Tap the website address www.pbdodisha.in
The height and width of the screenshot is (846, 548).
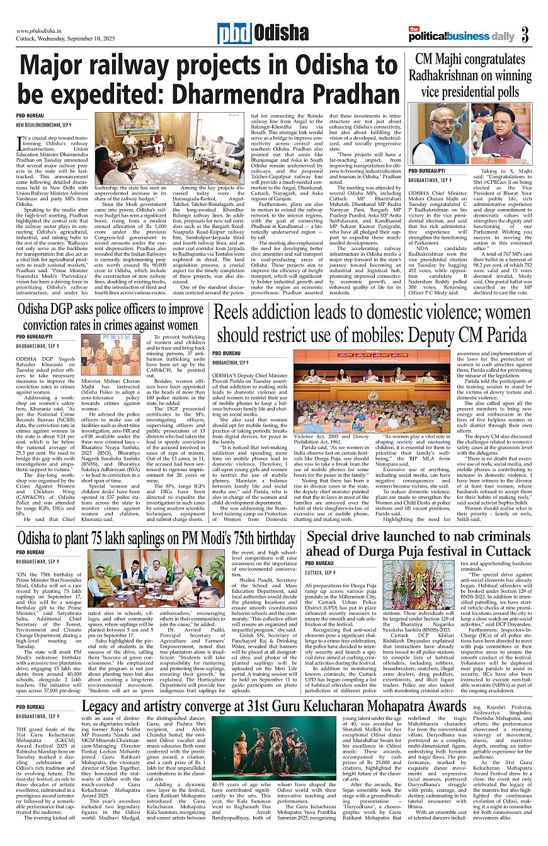pos(43,30)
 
